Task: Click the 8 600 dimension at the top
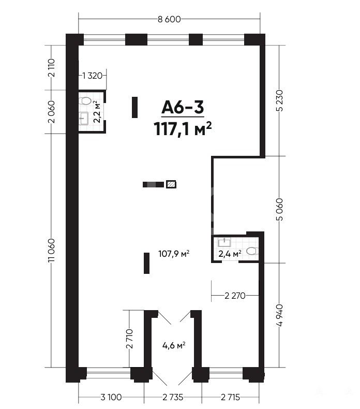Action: [169, 19]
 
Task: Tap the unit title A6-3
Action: [183, 107]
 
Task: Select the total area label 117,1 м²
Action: [183, 128]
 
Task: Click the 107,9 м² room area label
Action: [174, 254]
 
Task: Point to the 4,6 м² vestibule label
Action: [174, 346]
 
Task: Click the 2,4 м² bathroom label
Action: [230, 254]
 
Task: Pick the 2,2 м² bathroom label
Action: [97, 112]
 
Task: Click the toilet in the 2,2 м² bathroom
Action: [85, 100]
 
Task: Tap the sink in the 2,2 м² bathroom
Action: [84, 119]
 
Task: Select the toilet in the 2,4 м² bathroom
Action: [252, 251]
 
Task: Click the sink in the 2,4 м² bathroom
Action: [224, 243]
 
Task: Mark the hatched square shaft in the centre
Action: [171, 184]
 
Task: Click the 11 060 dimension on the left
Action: [52, 251]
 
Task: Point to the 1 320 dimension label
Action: [92, 76]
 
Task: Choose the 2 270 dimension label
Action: [235, 296]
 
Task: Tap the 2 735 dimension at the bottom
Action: [173, 397]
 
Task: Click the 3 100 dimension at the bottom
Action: [111, 397]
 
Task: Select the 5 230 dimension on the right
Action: [279, 100]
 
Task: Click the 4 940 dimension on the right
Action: [279, 315]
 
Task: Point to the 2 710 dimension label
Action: [129, 339]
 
